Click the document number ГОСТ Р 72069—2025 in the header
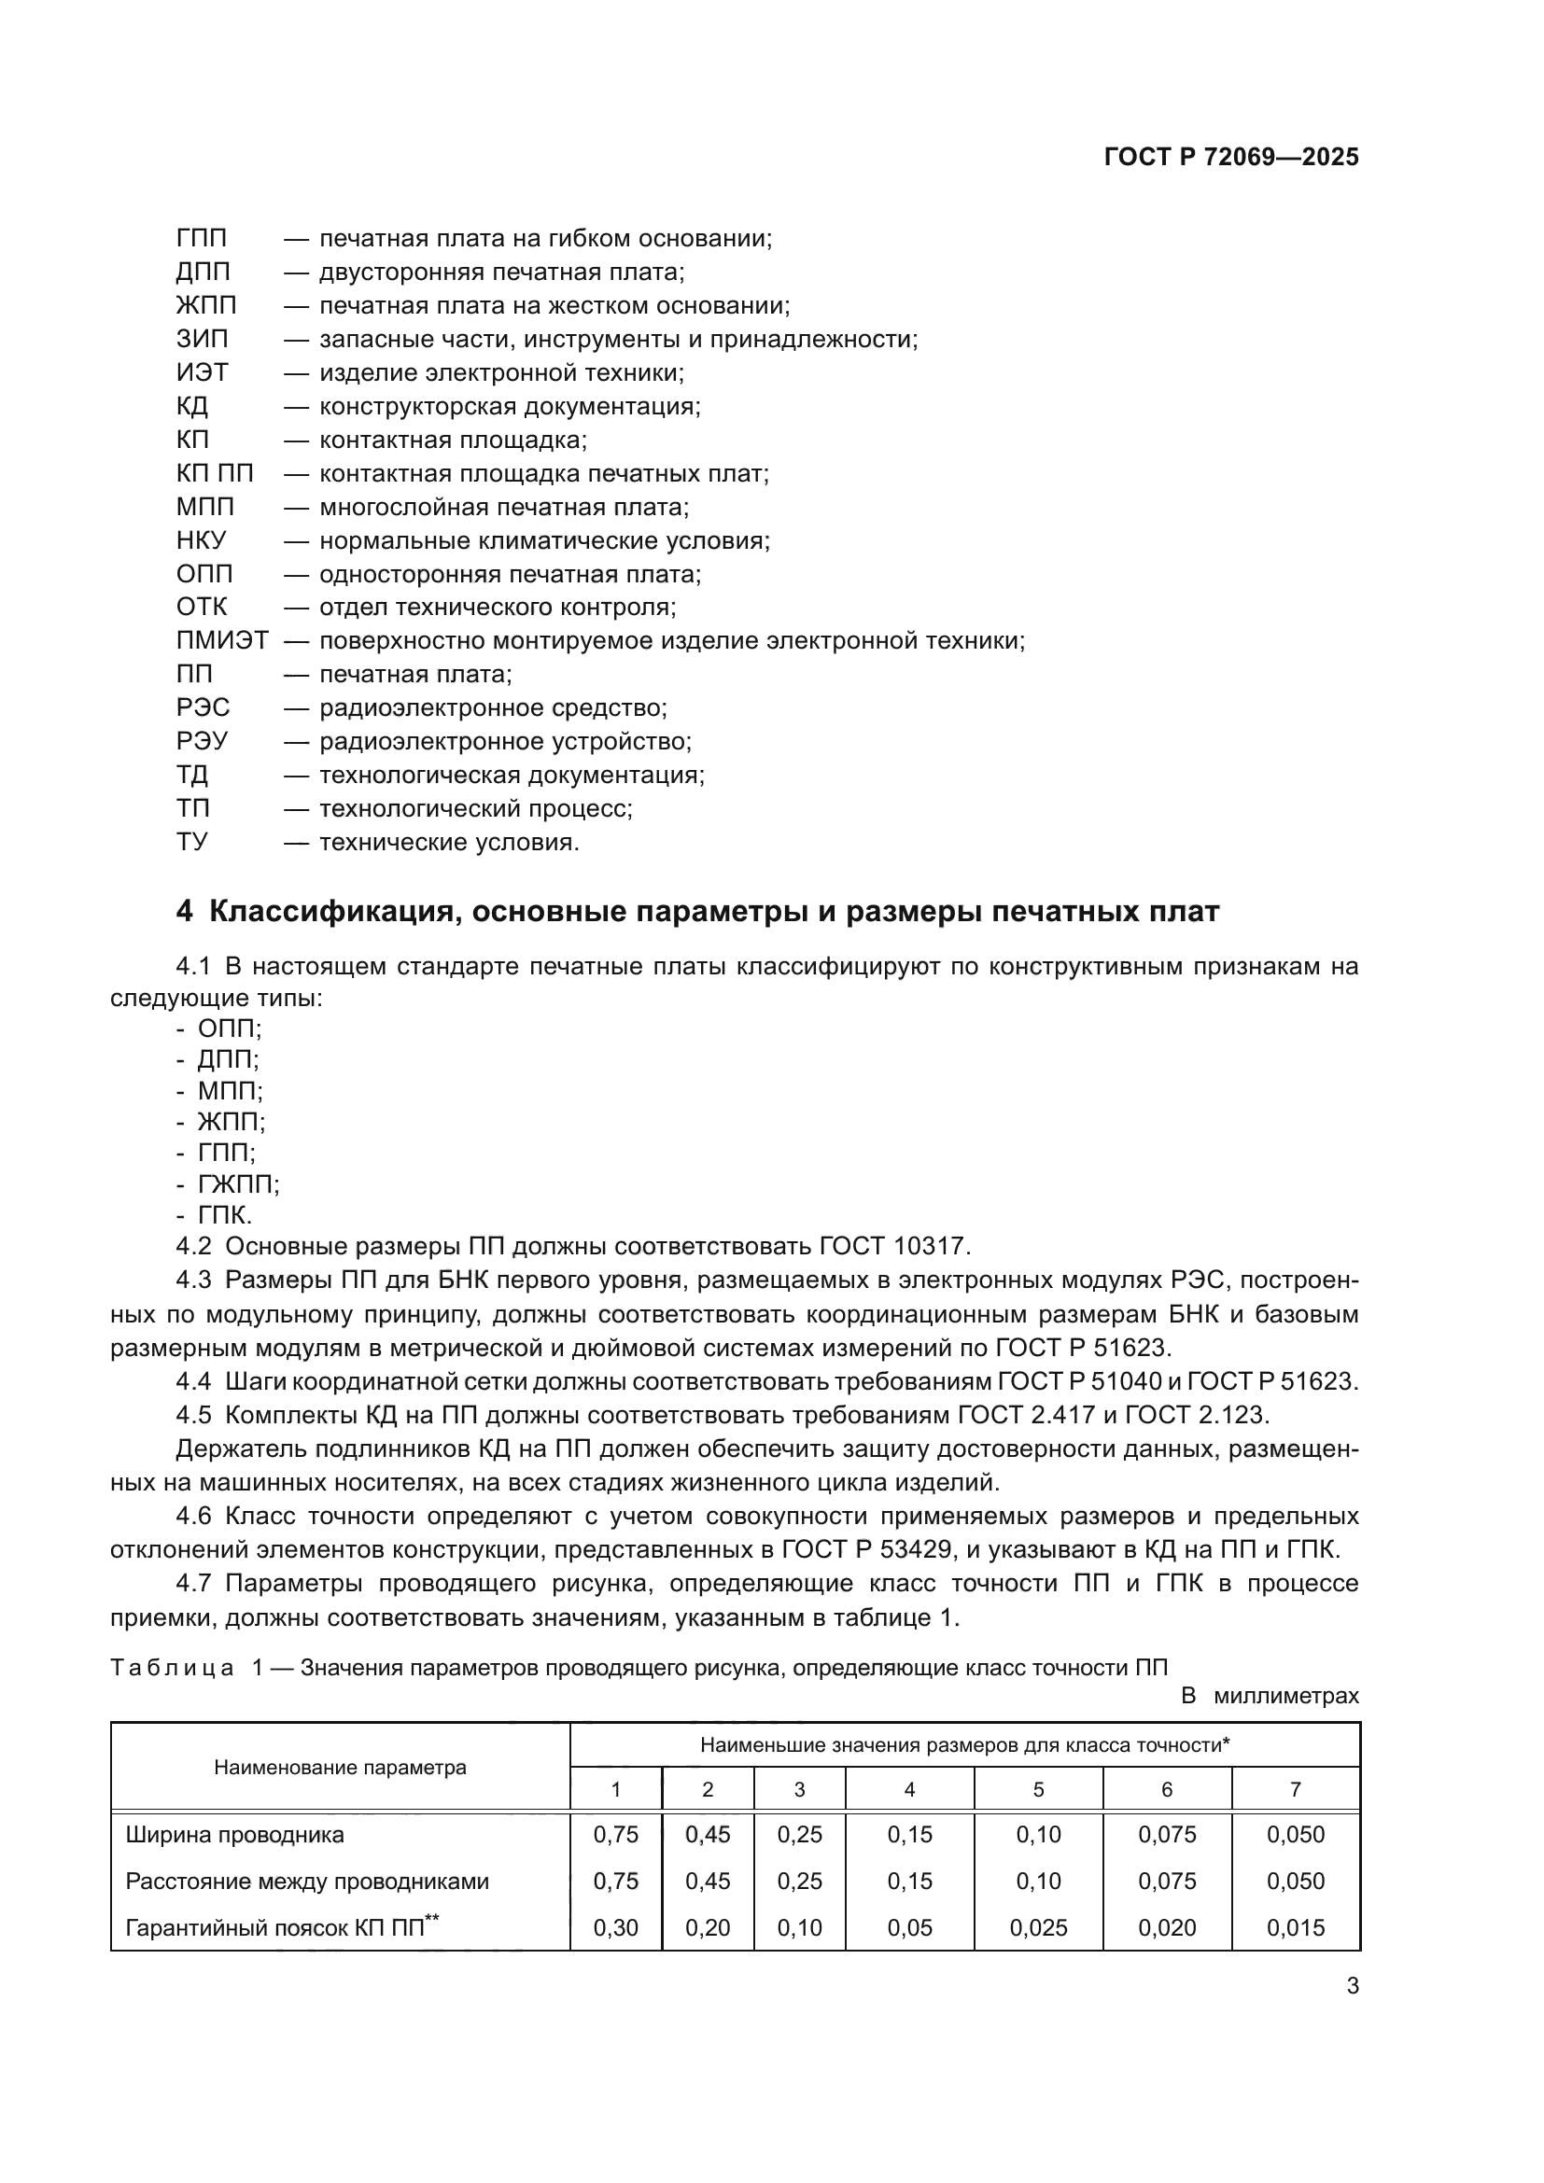tap(1231, 157)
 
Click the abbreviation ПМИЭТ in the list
tap(221, 641)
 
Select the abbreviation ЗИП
tap(203, 340)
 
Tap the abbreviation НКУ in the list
tap(202, 541)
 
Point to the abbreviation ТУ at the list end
tap(192, 843)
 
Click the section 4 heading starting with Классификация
tap(697, 912)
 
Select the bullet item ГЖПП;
tap(238, 1183)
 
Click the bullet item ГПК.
tap(224, 1215)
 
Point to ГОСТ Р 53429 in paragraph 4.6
tap(866, 1549)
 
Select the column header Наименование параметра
tap(340, 1768)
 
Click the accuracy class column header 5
tap(1038, 1789)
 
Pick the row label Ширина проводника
tap(235, 1835)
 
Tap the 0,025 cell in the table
tap(1038, 1928)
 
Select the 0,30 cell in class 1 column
tap(615, 1928)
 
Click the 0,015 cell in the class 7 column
tap(1295, 1928)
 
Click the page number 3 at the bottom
tap(1352, 1986)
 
